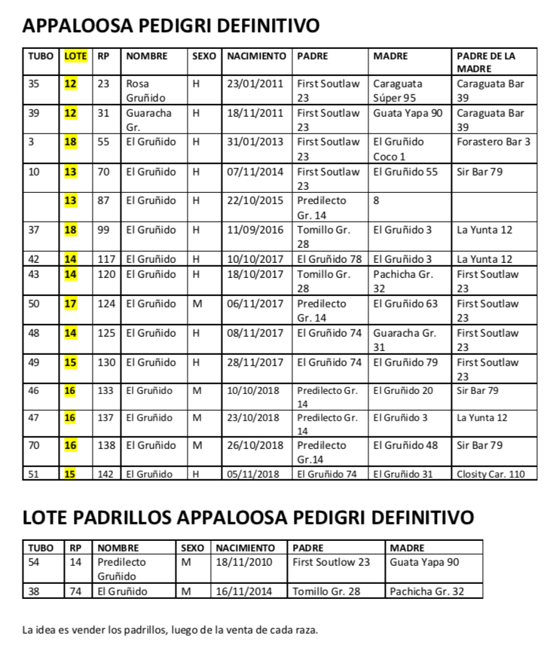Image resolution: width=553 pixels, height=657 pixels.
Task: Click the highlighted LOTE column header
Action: (75, 56)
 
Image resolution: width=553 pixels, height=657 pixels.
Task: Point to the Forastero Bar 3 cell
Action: (493, 142)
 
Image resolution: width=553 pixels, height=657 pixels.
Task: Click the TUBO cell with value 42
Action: (34, 259)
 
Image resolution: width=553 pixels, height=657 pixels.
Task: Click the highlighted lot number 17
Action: (71, 304)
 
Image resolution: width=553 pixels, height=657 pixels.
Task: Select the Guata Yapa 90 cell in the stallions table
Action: (426, 562)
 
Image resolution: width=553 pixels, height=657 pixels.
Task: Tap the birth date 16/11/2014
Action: (245, 591)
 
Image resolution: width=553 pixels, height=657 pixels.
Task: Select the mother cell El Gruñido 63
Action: (405, 304)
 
